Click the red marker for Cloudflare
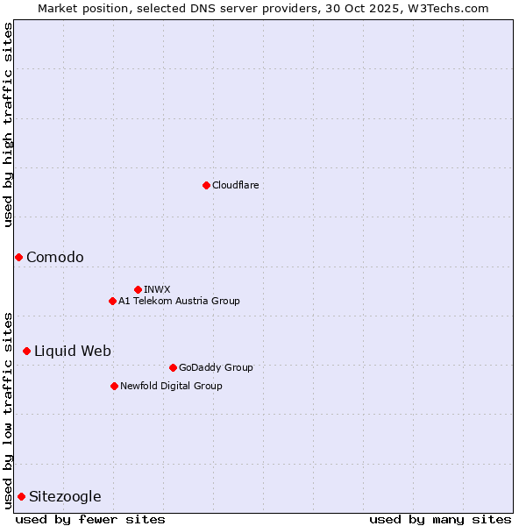(x=206, y=185)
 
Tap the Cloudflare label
(x=236, y=185)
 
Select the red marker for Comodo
(x=18, y=257)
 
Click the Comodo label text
(x=55, y=257)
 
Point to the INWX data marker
(x=138, y=289)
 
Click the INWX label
(x=158, y=289)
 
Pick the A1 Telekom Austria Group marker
(x=112, y=301)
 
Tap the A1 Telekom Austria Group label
(x=179, y=301)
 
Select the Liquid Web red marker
(x=26, y=351)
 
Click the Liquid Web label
(x=73, y=351)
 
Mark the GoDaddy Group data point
(x=173, y=367)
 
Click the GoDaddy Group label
(x=216, y=367)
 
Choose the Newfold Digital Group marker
(x=114, y=386)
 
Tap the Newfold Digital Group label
(x=171, y=386)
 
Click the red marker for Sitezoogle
(x=21, y=496)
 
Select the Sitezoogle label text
(x=65, y=496)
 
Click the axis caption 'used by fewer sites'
(x=90, y=519)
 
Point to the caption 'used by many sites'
(x=440, y=519)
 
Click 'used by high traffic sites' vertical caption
(x=8, y=124)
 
